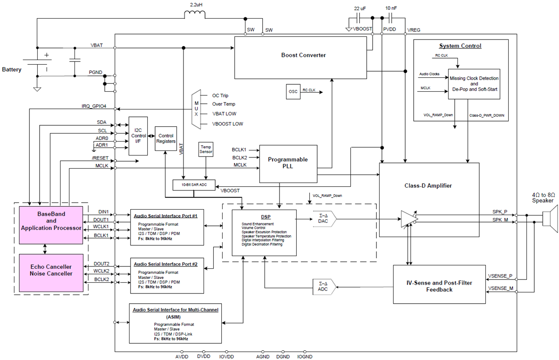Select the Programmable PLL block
[287, 163]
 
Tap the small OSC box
[293, 91]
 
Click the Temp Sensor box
[205, 149]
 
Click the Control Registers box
[166, 138]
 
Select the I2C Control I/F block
[138, 136]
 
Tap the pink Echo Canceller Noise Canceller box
[52, 270]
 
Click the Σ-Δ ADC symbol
[322, 287]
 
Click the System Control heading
[460, 46]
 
